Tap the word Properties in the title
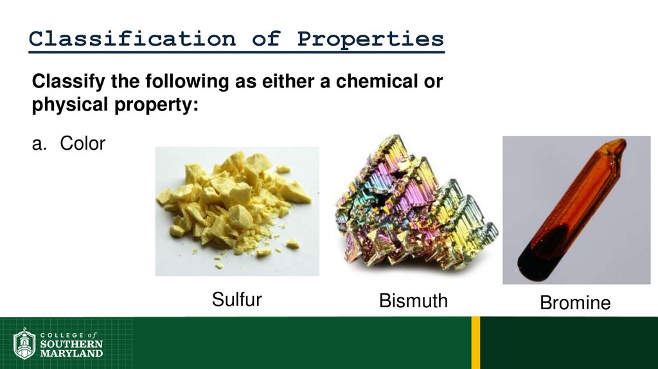click(370, 39)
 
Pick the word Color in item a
click(82, 143)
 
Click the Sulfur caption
click(237, 300)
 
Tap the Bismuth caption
click(413, 301)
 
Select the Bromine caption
click(575, 303)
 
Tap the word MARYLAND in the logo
click(71, 353)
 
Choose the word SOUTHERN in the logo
click(71, 344)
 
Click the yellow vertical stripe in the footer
click(476, 343)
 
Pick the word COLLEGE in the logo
click(62, 335)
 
